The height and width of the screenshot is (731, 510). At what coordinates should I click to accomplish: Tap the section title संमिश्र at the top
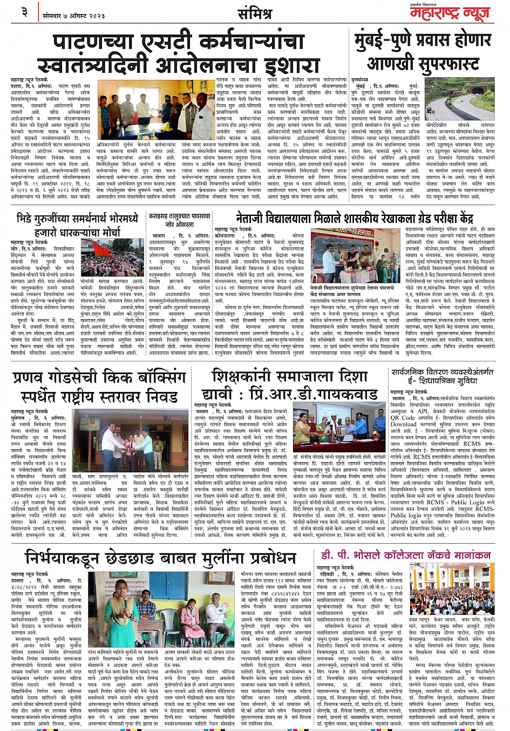(x=255, y=15)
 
